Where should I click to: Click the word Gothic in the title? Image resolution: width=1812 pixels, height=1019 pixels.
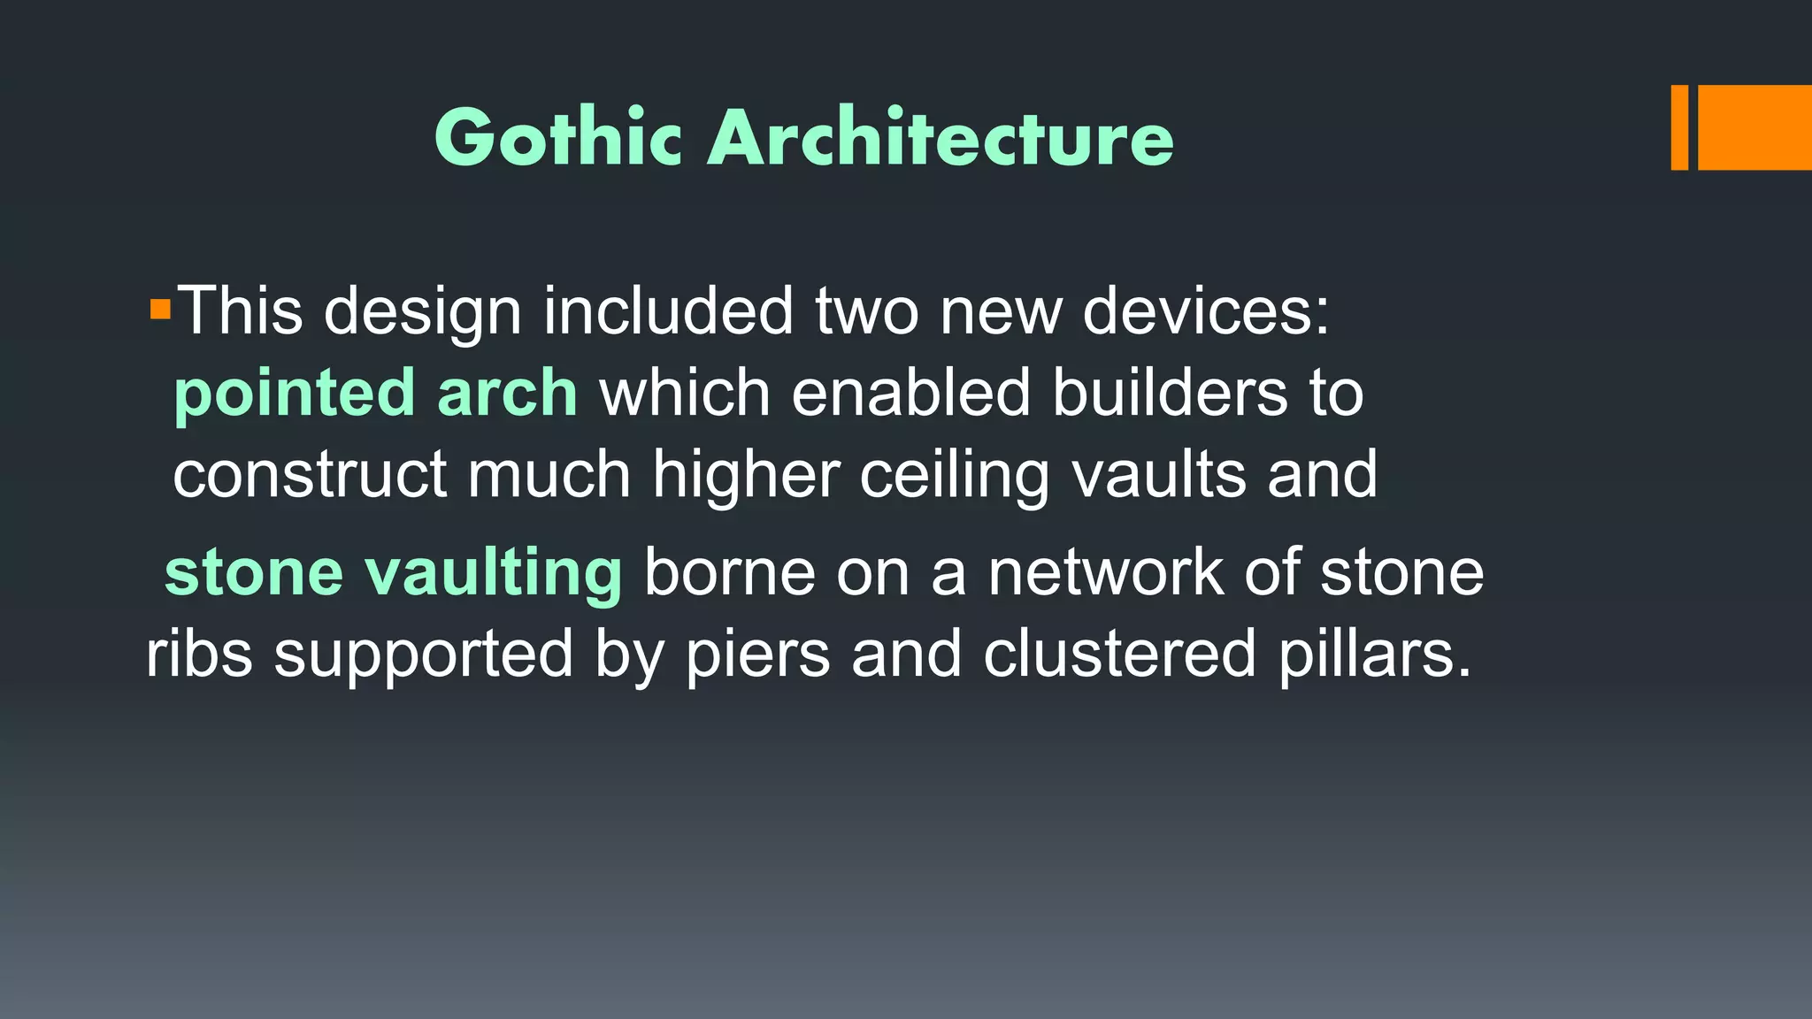(558, 137)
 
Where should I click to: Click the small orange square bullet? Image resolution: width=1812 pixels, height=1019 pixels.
(160, 310)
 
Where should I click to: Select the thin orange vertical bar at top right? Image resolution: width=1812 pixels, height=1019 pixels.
(1679, 127)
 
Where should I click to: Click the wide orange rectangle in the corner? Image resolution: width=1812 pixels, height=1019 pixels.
(1754, 127)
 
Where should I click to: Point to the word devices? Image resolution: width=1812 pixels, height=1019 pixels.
(1205, 311)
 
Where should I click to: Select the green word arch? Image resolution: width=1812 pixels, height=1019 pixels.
(507, 393)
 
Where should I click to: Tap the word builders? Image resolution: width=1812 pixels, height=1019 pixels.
(1170, 393)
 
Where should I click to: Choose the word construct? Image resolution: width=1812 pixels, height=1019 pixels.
(310, 475)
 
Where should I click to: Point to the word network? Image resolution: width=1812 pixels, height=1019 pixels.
(1105, 572)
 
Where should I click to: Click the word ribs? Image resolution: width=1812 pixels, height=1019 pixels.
(199, 654)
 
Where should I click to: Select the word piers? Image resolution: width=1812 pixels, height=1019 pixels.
(758, 654)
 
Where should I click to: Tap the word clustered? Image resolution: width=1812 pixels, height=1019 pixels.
(1119, 654)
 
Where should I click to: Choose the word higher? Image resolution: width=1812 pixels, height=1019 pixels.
(746, 475)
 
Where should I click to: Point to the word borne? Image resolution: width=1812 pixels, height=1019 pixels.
(729, 572)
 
